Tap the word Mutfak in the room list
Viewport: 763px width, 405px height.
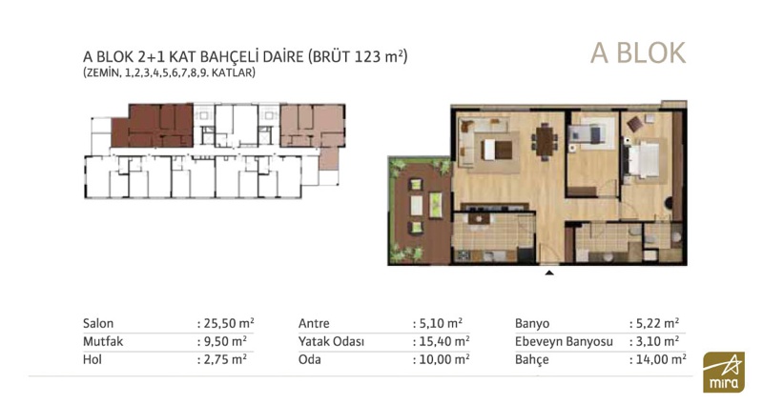pos(103,341)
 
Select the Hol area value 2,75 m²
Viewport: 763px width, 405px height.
pos(225,359)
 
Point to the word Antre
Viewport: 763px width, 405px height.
pos(314,323)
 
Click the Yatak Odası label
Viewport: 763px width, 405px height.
pos(331,341)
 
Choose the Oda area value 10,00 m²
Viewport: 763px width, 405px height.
pos(444,359)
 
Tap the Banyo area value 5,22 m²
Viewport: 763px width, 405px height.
pos(657,323)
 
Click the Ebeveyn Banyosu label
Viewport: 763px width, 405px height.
pos(564,342)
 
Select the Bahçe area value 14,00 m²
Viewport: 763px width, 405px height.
pos(660,359)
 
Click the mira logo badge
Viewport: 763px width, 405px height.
pos(724,372)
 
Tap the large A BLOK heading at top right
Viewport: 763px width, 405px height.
pos(638,53)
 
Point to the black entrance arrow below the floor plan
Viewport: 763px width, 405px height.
pos(549,273)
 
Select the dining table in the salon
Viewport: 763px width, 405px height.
pos(544,141)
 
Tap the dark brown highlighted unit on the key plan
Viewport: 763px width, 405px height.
pos(153,126)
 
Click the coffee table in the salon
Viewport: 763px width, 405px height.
pos(496,150)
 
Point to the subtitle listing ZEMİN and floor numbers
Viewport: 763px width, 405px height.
pos(169,73)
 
